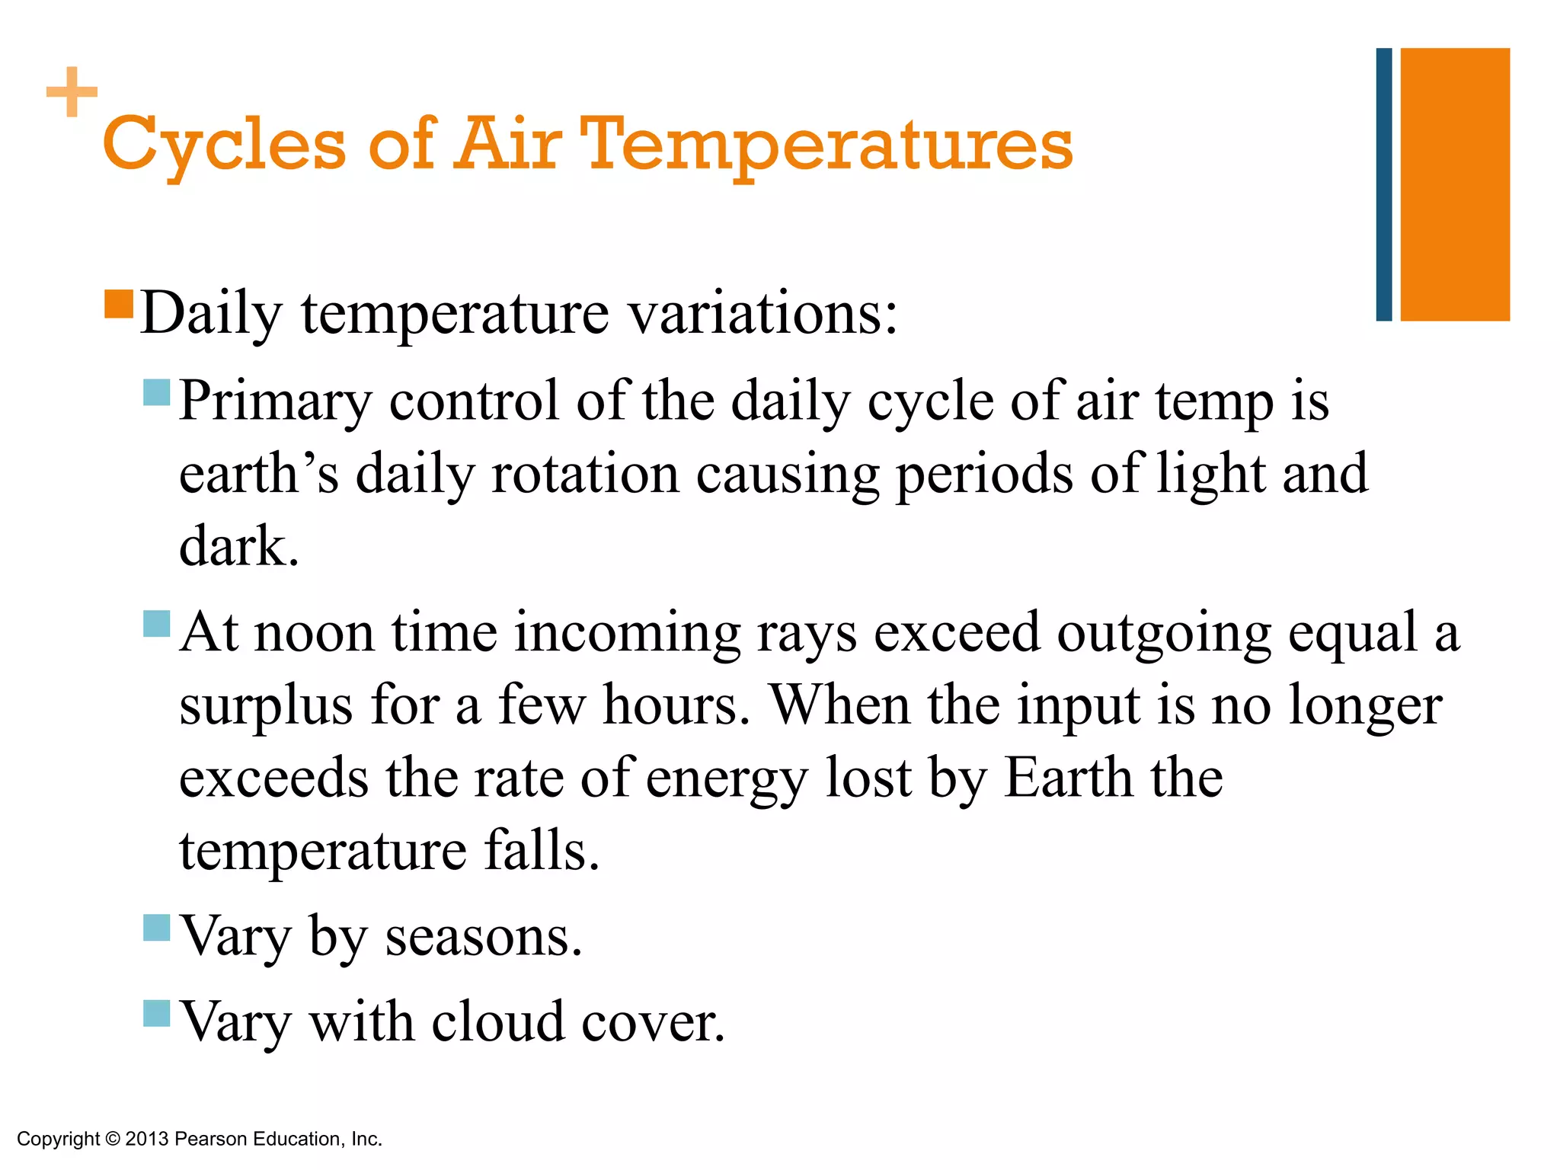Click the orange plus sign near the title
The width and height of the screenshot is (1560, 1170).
(72, 92)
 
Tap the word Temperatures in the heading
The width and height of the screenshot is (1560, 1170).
(826, 145)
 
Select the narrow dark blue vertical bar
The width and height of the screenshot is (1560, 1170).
(1383, 184)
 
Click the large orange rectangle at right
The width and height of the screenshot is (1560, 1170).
(1455, 184)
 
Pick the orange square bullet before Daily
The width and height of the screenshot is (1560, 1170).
(119, 304)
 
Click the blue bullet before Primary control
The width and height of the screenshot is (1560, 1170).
(156, 392)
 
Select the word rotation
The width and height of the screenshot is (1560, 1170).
(584, 474)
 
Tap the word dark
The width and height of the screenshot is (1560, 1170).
(238, 546)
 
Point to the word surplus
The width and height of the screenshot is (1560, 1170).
(265, 705)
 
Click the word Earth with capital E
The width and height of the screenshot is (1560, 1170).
(1068, 778)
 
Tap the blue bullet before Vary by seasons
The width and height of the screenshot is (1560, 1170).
(156, 928)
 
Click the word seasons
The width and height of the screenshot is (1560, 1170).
(483, 936)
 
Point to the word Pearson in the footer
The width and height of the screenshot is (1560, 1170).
(211, 1139)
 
